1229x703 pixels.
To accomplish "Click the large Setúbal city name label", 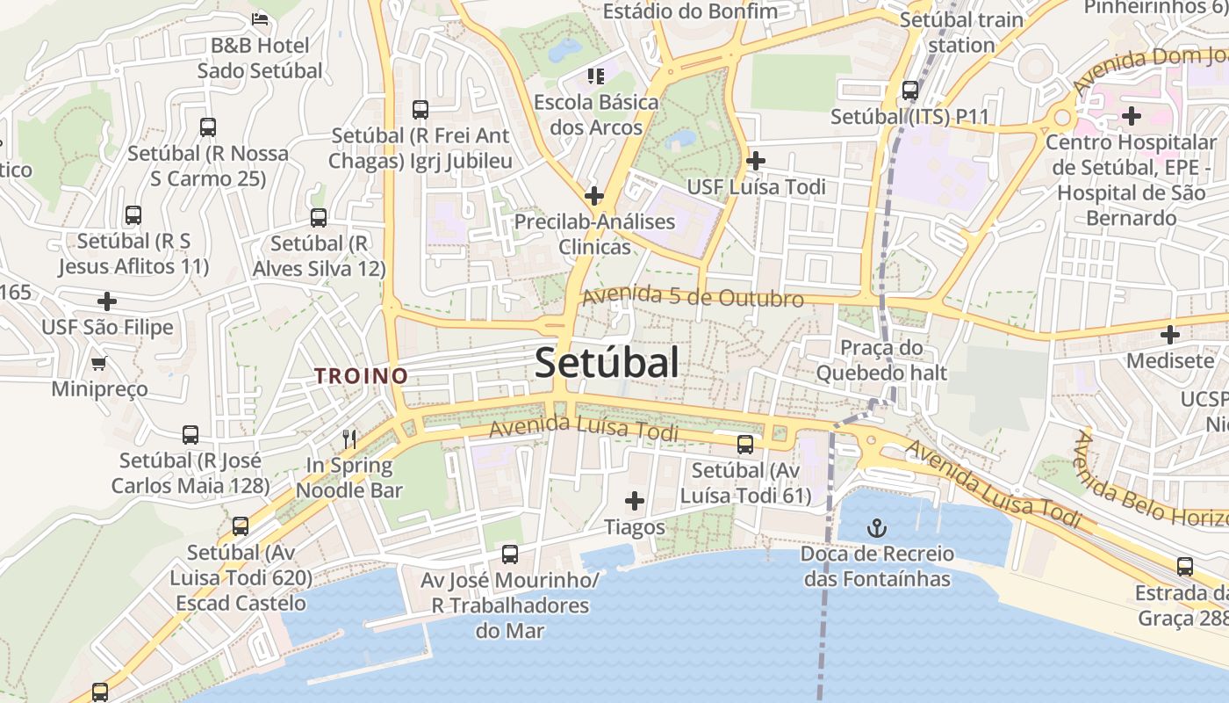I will (x=607, y=363).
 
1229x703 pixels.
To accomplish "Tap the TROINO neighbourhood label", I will (x=362, y=376).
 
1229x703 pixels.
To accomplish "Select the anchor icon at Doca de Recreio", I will (x=876, y=528).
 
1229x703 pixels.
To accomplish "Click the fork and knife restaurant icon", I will (x=349, y=438).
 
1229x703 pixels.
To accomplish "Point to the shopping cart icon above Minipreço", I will (x=99, y=363).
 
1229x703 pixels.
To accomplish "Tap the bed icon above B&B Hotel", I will (x=260, y=18).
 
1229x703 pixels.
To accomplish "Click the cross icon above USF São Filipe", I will (x=107, y=301).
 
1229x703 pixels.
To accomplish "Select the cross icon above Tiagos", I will (x=634, y=501).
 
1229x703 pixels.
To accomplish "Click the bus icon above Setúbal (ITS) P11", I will (x=910, y=90).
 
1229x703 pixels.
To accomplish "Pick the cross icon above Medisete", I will (x=1169, y=335).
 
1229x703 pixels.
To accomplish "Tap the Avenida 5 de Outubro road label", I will (x=692, y=297).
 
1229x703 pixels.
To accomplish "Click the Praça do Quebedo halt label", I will (x=881, y=360).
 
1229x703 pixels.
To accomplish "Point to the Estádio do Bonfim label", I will (x=690, y=11).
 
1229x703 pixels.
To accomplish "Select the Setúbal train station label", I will (x=961, y=32).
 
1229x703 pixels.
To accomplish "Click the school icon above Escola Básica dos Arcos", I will (x=596, y=76).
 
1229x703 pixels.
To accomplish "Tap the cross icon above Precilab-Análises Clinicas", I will (x=594, y=195).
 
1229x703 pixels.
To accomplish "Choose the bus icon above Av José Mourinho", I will (x=509, y=554).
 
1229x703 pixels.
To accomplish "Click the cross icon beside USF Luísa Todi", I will (x=755, y=161).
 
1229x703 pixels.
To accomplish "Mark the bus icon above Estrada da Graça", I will (x=1184, y=567).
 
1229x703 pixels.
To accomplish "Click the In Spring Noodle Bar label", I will (x=349, y=478).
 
